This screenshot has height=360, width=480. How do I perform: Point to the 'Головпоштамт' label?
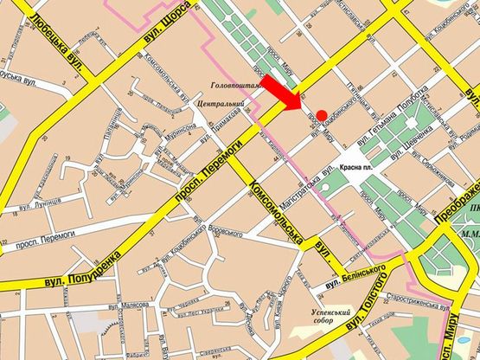pos(235,86)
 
